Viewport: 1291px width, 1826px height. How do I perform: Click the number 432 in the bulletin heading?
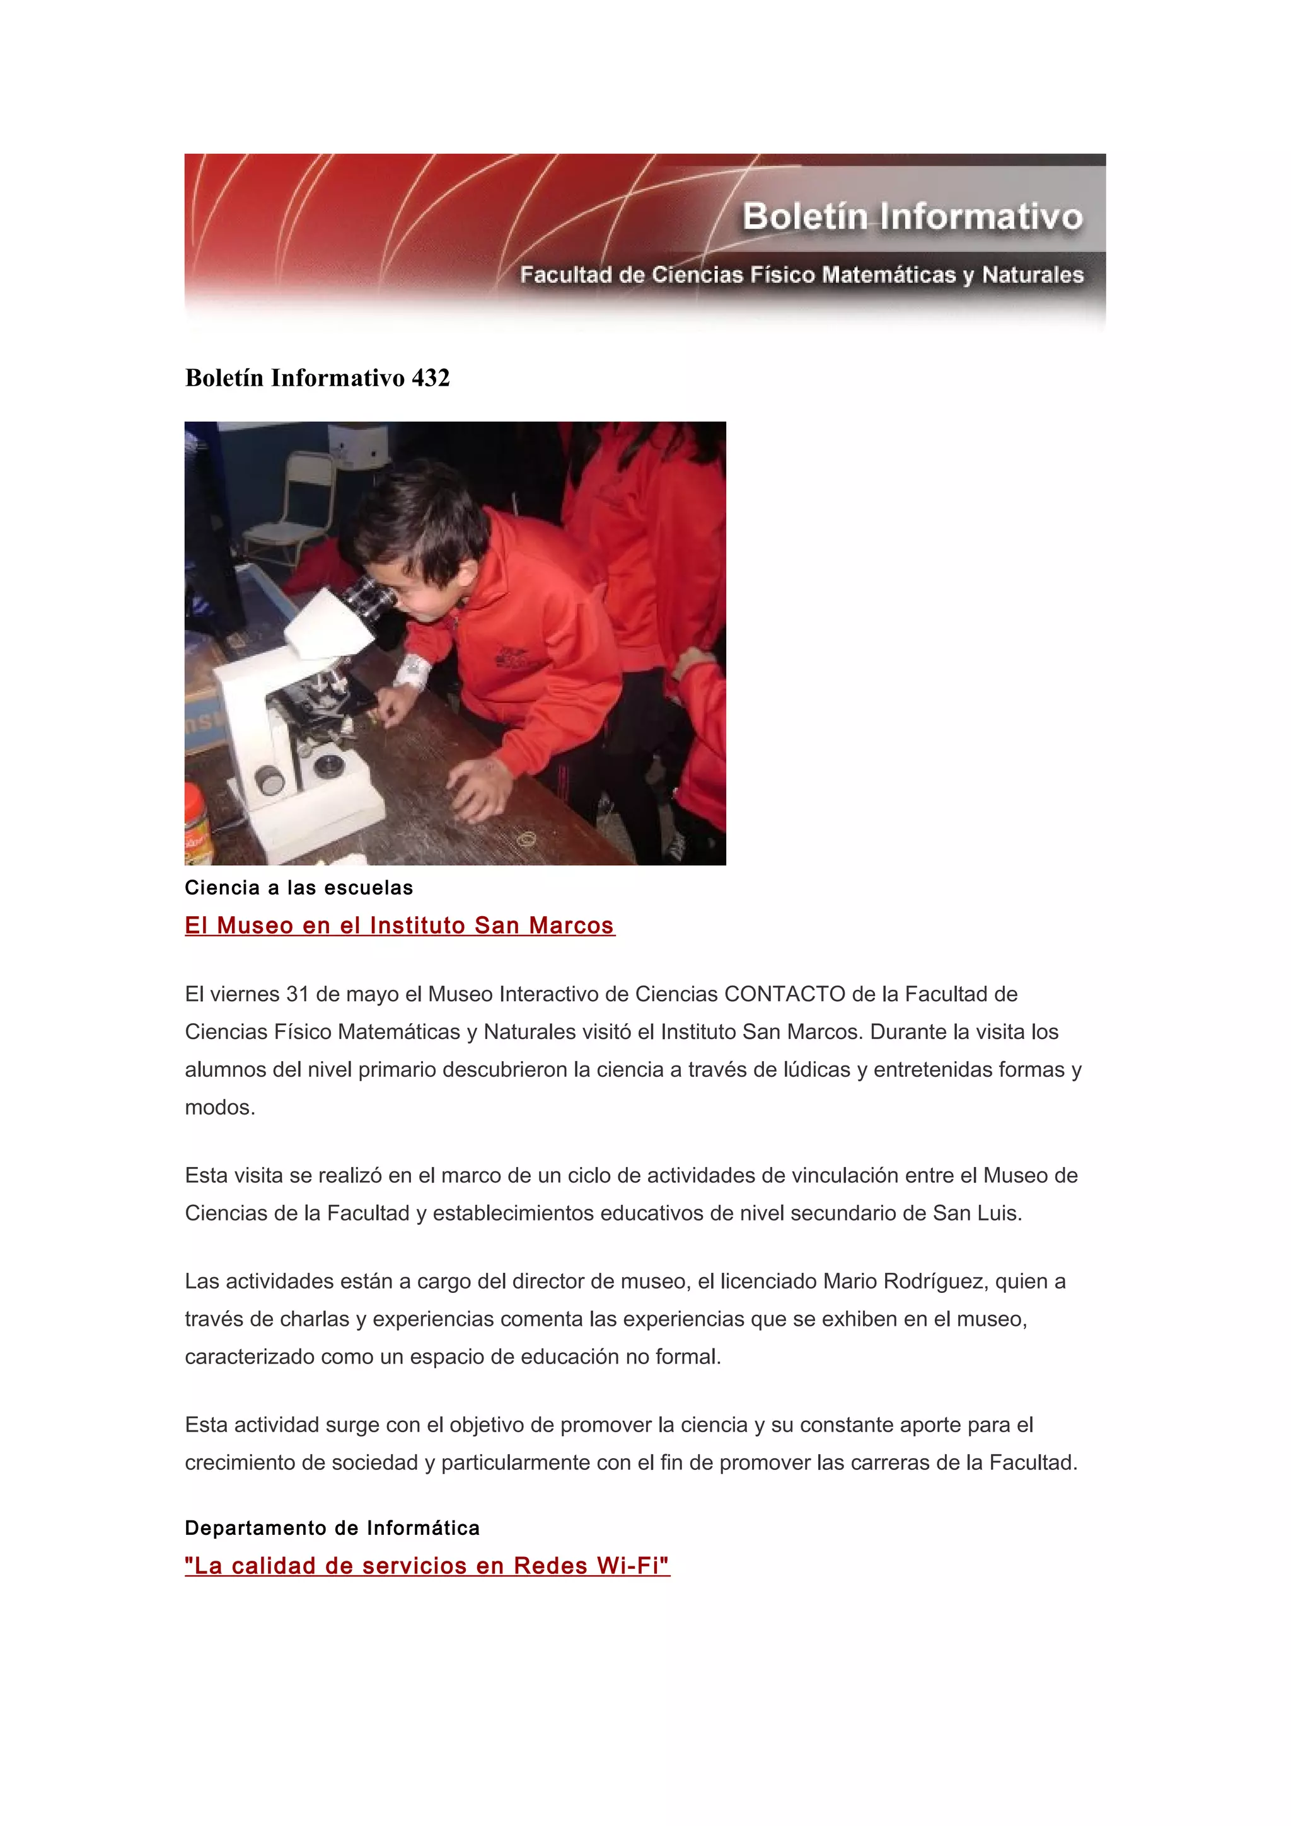(431, 378)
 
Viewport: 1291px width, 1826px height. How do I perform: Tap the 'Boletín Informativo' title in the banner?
(912, 216)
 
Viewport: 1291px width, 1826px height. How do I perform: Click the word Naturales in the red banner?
(1033, 275)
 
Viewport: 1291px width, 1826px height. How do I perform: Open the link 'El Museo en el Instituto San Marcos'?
(399, 925)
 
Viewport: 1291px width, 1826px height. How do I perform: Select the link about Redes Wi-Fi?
(427, 1565)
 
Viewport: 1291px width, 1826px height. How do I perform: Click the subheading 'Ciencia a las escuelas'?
(299, 888)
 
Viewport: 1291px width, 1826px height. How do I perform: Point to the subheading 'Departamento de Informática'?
(332, 1528)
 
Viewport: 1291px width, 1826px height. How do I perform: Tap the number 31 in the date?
(298, 994)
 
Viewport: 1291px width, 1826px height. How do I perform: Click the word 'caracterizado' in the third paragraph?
(250, 1357)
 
